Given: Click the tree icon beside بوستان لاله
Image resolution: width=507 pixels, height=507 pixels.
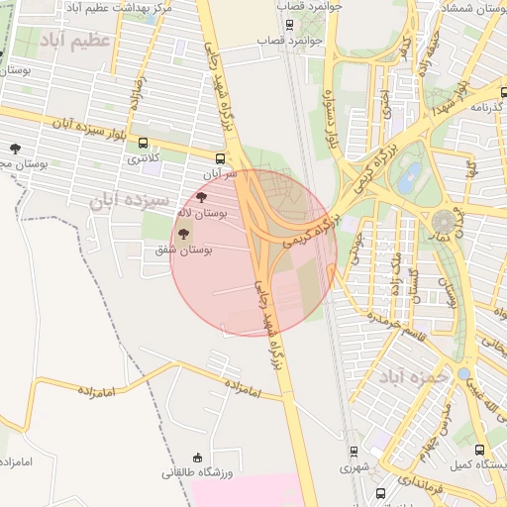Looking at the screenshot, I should coord(202,197).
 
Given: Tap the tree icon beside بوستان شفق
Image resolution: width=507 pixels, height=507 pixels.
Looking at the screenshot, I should coord(183,234).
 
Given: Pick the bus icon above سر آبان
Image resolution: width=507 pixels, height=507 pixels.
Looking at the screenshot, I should coord(220,157).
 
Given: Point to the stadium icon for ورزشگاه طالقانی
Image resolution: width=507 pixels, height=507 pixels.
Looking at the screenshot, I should coord(197,457).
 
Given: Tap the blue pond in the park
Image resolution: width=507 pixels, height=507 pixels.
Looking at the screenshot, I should coord(406,180).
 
